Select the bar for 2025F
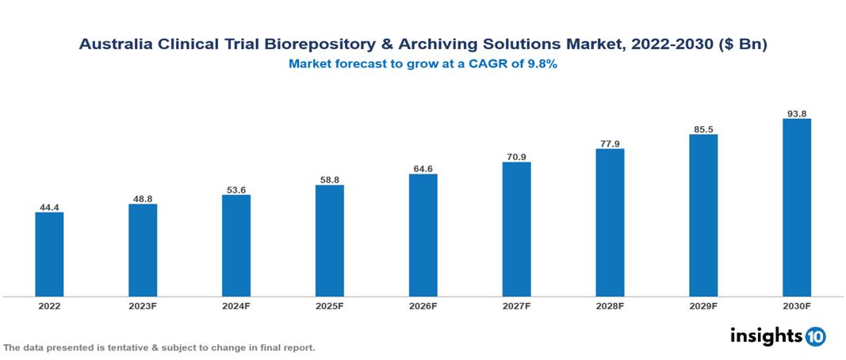click(329, 241)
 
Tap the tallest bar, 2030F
click(796, 208)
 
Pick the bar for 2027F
click(516, 229)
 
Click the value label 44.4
click(49, 208)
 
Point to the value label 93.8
click(796, 113)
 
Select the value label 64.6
click(423, 169)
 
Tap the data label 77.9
click(610, 144)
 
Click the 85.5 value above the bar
click(703, 129)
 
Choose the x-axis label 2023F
click(143, 306)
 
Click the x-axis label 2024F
click(236, 306)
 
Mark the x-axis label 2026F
click(423, 306)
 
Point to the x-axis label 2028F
click(610, 306)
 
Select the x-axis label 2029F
click(703, 306)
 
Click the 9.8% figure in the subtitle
click(539, 64)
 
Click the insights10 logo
click(777, 336)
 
